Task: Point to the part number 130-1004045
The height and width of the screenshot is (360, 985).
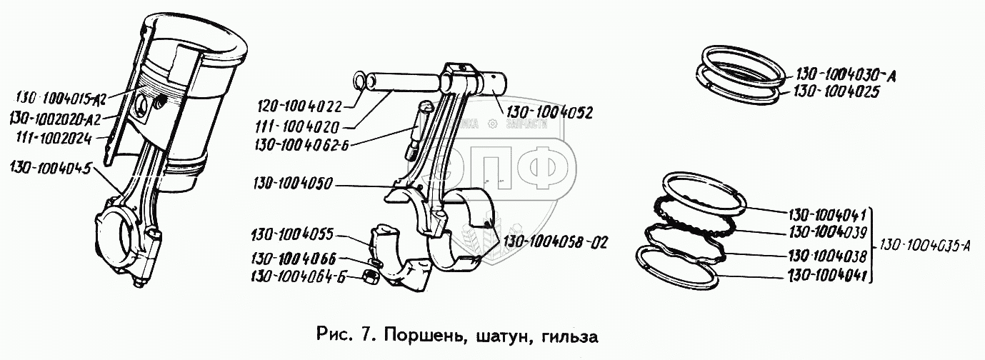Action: [50, 169]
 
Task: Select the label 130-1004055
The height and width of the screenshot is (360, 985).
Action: [291, 234]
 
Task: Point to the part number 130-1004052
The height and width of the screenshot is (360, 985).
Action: [549, 112]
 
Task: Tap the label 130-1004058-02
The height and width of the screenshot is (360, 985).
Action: [556, 241]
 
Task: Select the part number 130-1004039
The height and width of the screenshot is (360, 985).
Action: [828, 232]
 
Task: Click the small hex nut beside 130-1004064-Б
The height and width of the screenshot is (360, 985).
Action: [371, 276]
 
